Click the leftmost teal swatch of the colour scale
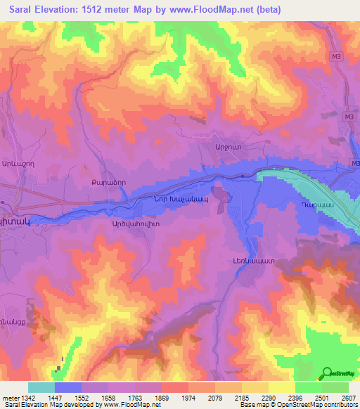pyautogui.click(x=41, y=387)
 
